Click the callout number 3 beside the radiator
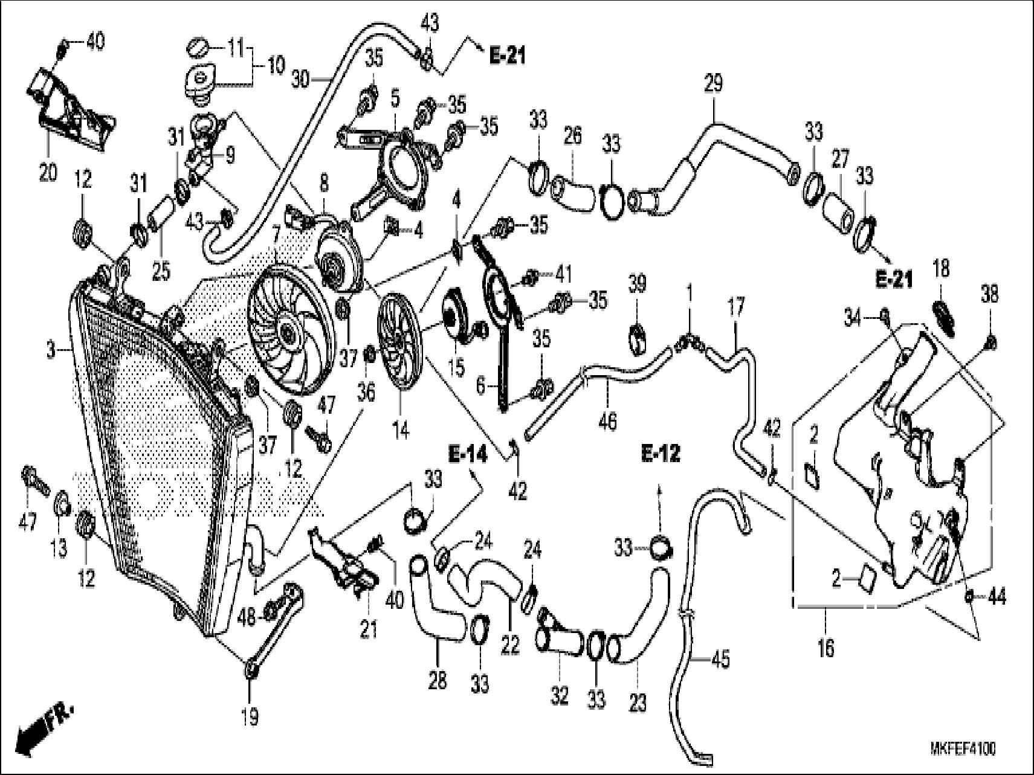click(x=53, y=350)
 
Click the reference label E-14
click(x=467, y=454)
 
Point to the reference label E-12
click(x=661, y=453)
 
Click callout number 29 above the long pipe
click(x=713, y=83)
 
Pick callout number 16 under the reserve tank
click(x=826, y=649)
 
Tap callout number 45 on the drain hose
click(x=720, y=659)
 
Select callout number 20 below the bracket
click(x=48, y=173)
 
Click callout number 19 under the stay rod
click(x=250, y=717)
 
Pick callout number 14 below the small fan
click(x=401, y=430)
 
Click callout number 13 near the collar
click(x=59, y=548)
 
